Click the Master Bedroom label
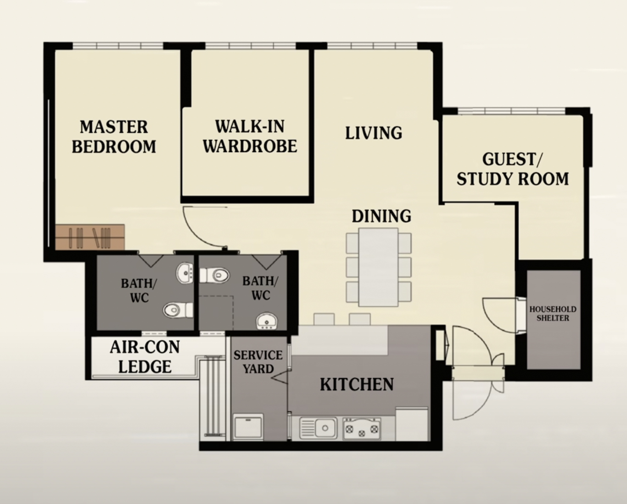(x=114, y=137)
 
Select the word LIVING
(x=374, y=133)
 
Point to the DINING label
(x=381, y=216)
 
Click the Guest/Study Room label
(x=513, y=169)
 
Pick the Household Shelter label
(x=553, y=314)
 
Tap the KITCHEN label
(x=357, y=384)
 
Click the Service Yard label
(x=258, y=362)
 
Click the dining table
(x=379, y=267)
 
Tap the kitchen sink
(x=319, y=428)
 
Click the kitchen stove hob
(x=362, y=428)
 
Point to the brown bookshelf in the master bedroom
(x=90, y=237)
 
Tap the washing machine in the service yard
(x=248, y=428)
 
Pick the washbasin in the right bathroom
(x=267, y=321)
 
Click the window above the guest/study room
(x=511, y=111)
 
